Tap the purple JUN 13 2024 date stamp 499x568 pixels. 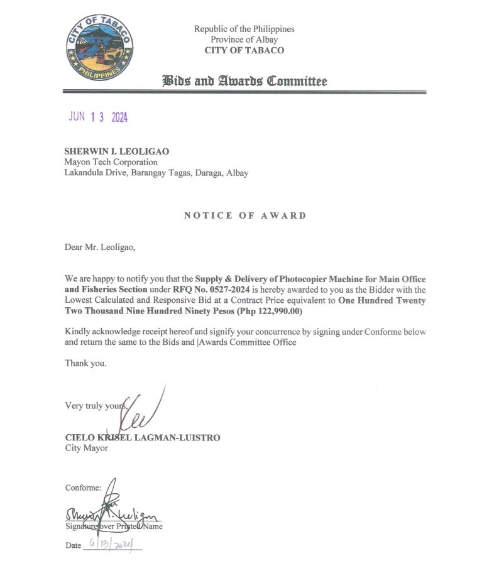coord(97,117)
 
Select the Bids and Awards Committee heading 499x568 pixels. coord(244,81)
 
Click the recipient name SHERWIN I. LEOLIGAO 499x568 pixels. coord(117,151)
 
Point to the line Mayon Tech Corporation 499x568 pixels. coord(111,162)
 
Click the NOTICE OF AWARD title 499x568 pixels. coord(244,216)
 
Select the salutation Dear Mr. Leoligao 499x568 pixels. coord(100,247)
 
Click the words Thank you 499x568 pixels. coord(86,363)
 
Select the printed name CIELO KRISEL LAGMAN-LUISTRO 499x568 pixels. coord(143,437)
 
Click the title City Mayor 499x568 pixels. coord(87,448)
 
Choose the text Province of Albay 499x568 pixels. coord(244,40)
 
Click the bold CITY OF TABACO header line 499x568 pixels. coord(244,50)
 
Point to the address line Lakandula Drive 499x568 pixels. coord(156,173)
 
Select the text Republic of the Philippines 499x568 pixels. coord(244,29)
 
